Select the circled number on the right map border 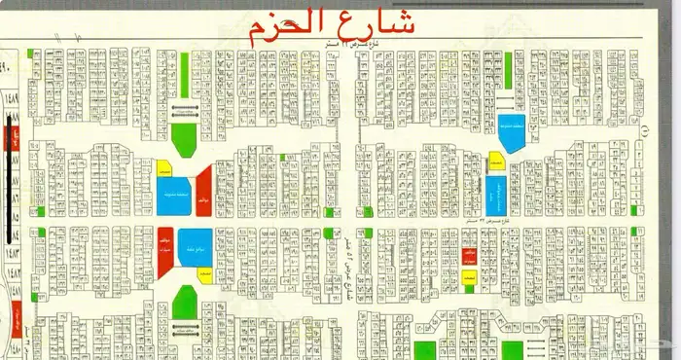coord(646,127)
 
